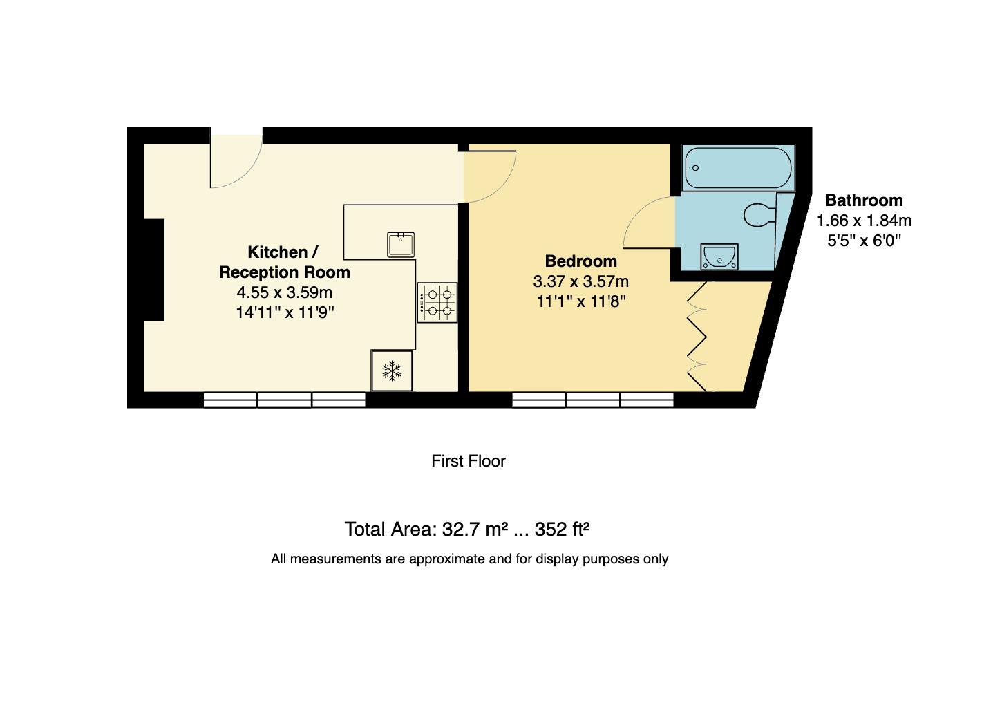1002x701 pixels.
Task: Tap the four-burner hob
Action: click(x=437, y=303)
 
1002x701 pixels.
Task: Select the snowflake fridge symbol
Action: click(x=392, y=371)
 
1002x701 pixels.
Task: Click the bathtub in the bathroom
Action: click(x=738, y=167)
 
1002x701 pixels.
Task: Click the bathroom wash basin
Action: click(x=719, y=257)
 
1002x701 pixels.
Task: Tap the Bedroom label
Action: click(x=580, y=261)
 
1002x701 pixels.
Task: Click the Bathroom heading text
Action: click(x=864, y=200)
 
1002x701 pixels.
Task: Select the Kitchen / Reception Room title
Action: click(x=284, y=262)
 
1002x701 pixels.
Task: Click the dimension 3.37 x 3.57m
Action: click(x=580, y=281)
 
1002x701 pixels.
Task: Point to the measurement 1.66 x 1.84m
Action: click(x=864, y=221)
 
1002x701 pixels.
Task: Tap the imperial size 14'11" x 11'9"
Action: click(x=285, y=312)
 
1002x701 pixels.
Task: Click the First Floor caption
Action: click(x=469, y=461)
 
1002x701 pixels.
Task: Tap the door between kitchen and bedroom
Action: click(x=489, y=177)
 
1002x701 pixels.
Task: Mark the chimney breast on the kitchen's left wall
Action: click(x=153, y=270)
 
